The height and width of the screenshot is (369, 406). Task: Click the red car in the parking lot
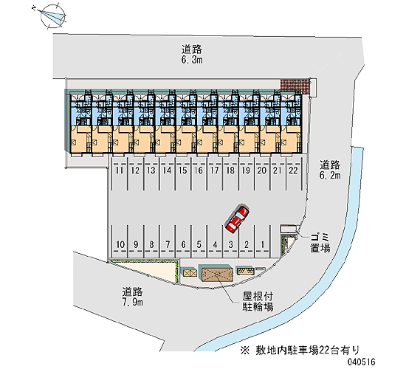pos(237,218)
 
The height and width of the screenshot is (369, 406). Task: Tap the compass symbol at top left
pos(52,16)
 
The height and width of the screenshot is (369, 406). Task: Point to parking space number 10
pos(120,241)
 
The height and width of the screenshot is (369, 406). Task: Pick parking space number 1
pos(263,241)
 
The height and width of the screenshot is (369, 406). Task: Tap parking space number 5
pos(199,241)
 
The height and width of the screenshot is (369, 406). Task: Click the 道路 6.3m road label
pos(192,55)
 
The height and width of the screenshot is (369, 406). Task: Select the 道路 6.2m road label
pos(330,170)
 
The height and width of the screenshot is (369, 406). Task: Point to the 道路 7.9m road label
pos(133,297)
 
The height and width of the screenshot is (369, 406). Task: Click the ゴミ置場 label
pos(320,242)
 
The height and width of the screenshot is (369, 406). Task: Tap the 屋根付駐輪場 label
pos(258,302)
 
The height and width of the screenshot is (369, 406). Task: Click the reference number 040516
pos(362,362)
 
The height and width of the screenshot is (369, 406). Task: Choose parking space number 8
pos(151,241)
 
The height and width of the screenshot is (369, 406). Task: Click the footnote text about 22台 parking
pos(300,351)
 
